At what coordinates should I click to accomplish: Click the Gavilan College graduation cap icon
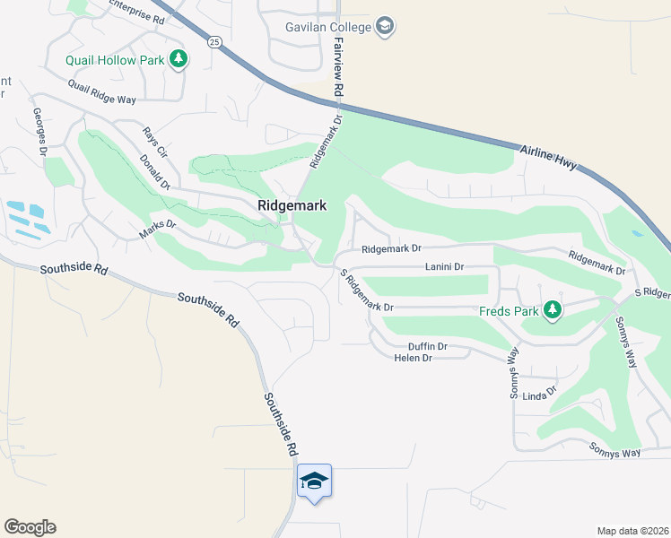385,26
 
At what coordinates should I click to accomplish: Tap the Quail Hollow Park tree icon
179,59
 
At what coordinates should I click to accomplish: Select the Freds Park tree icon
553,311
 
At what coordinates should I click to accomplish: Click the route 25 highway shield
213,41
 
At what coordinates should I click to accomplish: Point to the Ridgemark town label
292,205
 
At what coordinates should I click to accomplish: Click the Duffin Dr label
427,346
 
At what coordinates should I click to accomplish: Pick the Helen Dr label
414,358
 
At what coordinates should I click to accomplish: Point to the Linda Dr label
539,395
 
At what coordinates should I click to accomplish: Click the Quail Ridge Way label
101,92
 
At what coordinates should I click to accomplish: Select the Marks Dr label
158,230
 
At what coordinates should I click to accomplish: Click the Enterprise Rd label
135,13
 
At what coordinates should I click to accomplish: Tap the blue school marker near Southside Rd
314,482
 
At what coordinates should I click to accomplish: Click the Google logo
30,527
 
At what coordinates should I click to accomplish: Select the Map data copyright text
632,531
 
